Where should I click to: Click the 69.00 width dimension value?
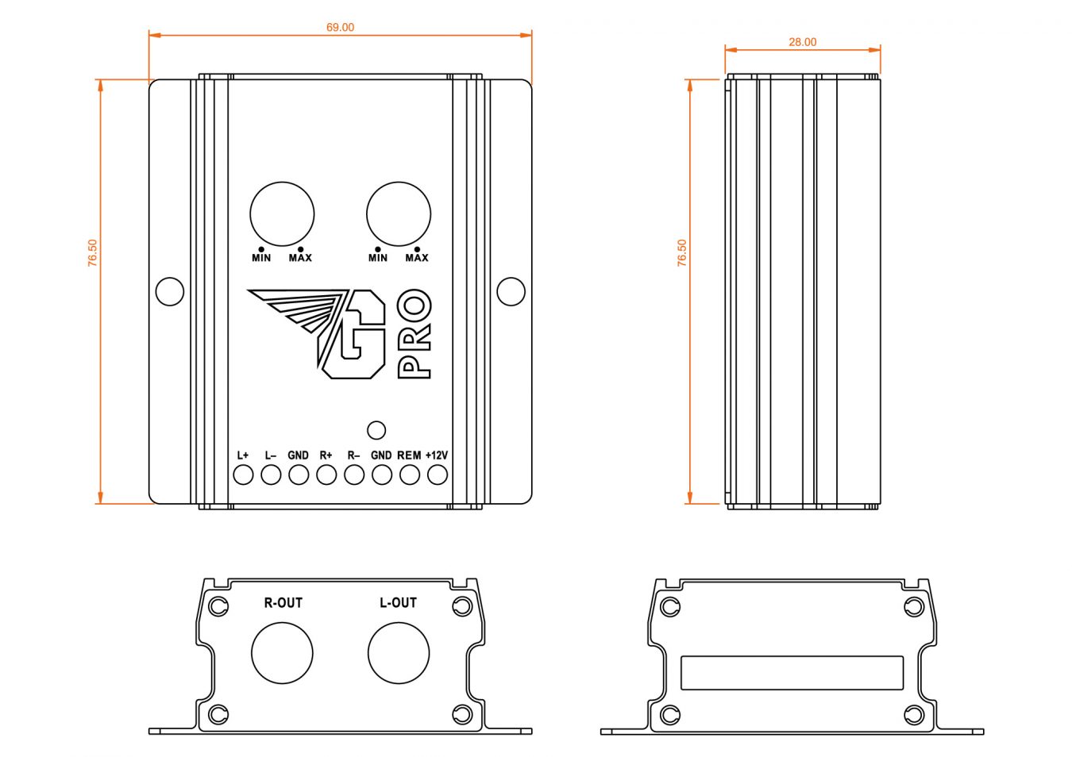340,28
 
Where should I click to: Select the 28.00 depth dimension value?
802,42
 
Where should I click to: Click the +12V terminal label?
436,455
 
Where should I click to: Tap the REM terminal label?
409,455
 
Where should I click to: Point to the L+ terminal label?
243,455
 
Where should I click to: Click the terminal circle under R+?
326,475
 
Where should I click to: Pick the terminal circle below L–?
271,475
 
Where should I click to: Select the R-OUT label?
283,603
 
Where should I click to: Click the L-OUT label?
398,603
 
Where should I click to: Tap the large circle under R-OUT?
282,653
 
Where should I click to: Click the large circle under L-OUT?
399,653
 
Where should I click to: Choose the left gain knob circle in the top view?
282,214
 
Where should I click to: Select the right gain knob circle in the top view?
399,214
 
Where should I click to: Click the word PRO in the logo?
414,333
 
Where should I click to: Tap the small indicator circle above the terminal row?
376,430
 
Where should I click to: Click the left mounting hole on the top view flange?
170,291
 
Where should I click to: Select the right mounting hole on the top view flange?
511,291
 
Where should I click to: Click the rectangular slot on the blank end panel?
792,673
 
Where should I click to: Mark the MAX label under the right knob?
417,258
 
